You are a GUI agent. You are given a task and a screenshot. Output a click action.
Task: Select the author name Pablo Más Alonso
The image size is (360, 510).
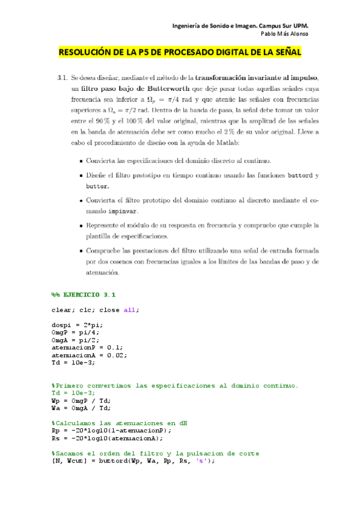[x=285, y=34]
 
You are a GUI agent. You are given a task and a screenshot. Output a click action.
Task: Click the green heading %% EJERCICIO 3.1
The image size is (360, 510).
[x=84, y=295]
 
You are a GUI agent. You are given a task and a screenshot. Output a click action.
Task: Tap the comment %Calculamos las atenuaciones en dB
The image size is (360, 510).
[x=119, y=423]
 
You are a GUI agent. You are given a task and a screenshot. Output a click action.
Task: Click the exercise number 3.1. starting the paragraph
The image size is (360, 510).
[x=61, y=79]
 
